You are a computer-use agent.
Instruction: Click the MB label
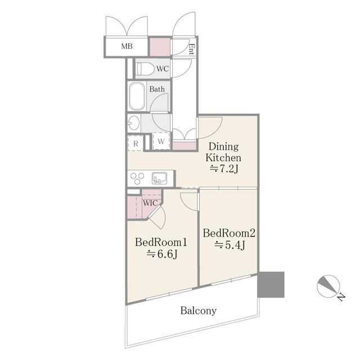[127, 46]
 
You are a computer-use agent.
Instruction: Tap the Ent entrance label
[191, 49]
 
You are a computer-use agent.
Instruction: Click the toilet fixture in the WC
[145, 69]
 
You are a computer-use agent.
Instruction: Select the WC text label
[163, 69]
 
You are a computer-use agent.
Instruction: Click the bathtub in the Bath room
[137, 96]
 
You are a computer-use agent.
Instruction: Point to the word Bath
[157, 89]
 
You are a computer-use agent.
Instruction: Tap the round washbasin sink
[133, 123]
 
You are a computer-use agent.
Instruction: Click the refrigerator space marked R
[136, 144]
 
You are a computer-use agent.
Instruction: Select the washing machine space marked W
[161, 141]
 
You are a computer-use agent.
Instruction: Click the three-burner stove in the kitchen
[137, 178]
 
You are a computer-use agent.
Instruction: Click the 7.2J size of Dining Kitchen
[224, 169]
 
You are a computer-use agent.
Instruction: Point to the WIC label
[150, 203]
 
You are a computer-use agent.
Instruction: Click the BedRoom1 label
[161, 242]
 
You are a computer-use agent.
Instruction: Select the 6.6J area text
[162, 254]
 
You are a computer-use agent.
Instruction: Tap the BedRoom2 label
[229, 233]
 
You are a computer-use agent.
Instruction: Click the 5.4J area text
[229, 245]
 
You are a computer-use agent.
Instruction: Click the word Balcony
[199, 310]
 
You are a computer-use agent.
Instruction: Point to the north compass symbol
[328, 286]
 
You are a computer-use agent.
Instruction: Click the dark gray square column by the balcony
[271, 285]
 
